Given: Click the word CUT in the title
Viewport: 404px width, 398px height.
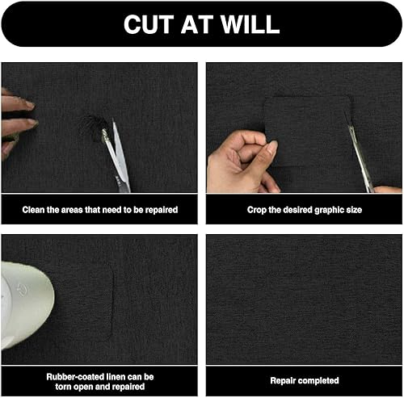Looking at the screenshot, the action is coord(149,24).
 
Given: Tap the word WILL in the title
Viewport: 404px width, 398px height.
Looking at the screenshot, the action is coord(250,24).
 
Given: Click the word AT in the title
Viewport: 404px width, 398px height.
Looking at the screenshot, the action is coord(197,24).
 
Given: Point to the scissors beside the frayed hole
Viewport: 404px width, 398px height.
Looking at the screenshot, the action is coord(116,156).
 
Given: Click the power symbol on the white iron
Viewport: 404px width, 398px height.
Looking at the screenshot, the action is coord(22,291).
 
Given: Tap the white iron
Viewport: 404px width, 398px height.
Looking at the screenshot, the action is coord(26,305).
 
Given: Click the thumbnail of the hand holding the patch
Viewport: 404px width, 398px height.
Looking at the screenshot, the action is coord(273,146).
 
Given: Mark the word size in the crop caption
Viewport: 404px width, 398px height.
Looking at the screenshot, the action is coord(354,210).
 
